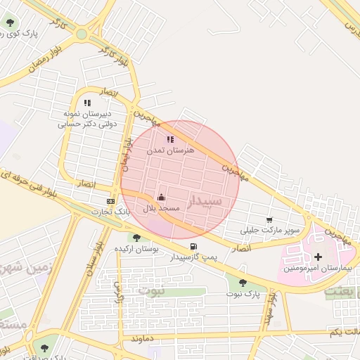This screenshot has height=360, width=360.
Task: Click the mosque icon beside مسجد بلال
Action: [x=161, y=196]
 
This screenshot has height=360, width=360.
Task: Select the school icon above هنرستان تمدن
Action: [x=170, y=139]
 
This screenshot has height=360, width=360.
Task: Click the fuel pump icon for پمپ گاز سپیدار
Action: [x=193, y=246]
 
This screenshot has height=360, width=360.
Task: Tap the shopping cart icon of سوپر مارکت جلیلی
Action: [x=269, y=219]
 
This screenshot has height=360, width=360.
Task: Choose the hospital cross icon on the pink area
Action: [x=318, y=257]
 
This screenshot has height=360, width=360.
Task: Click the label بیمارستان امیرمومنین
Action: [x=318, y=269]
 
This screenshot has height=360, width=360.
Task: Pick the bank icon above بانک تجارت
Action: [x=110, y=200]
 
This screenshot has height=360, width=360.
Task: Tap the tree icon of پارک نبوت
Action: [x=243, y=282]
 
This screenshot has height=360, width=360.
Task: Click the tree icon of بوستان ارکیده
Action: [x=136, y=238]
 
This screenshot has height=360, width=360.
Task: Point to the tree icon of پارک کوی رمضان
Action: [x=10, y=22]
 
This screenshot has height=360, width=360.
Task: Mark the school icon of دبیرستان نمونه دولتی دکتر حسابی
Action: [x=87, y=103]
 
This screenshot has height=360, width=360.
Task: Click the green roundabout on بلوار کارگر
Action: [x=82, y=34]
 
